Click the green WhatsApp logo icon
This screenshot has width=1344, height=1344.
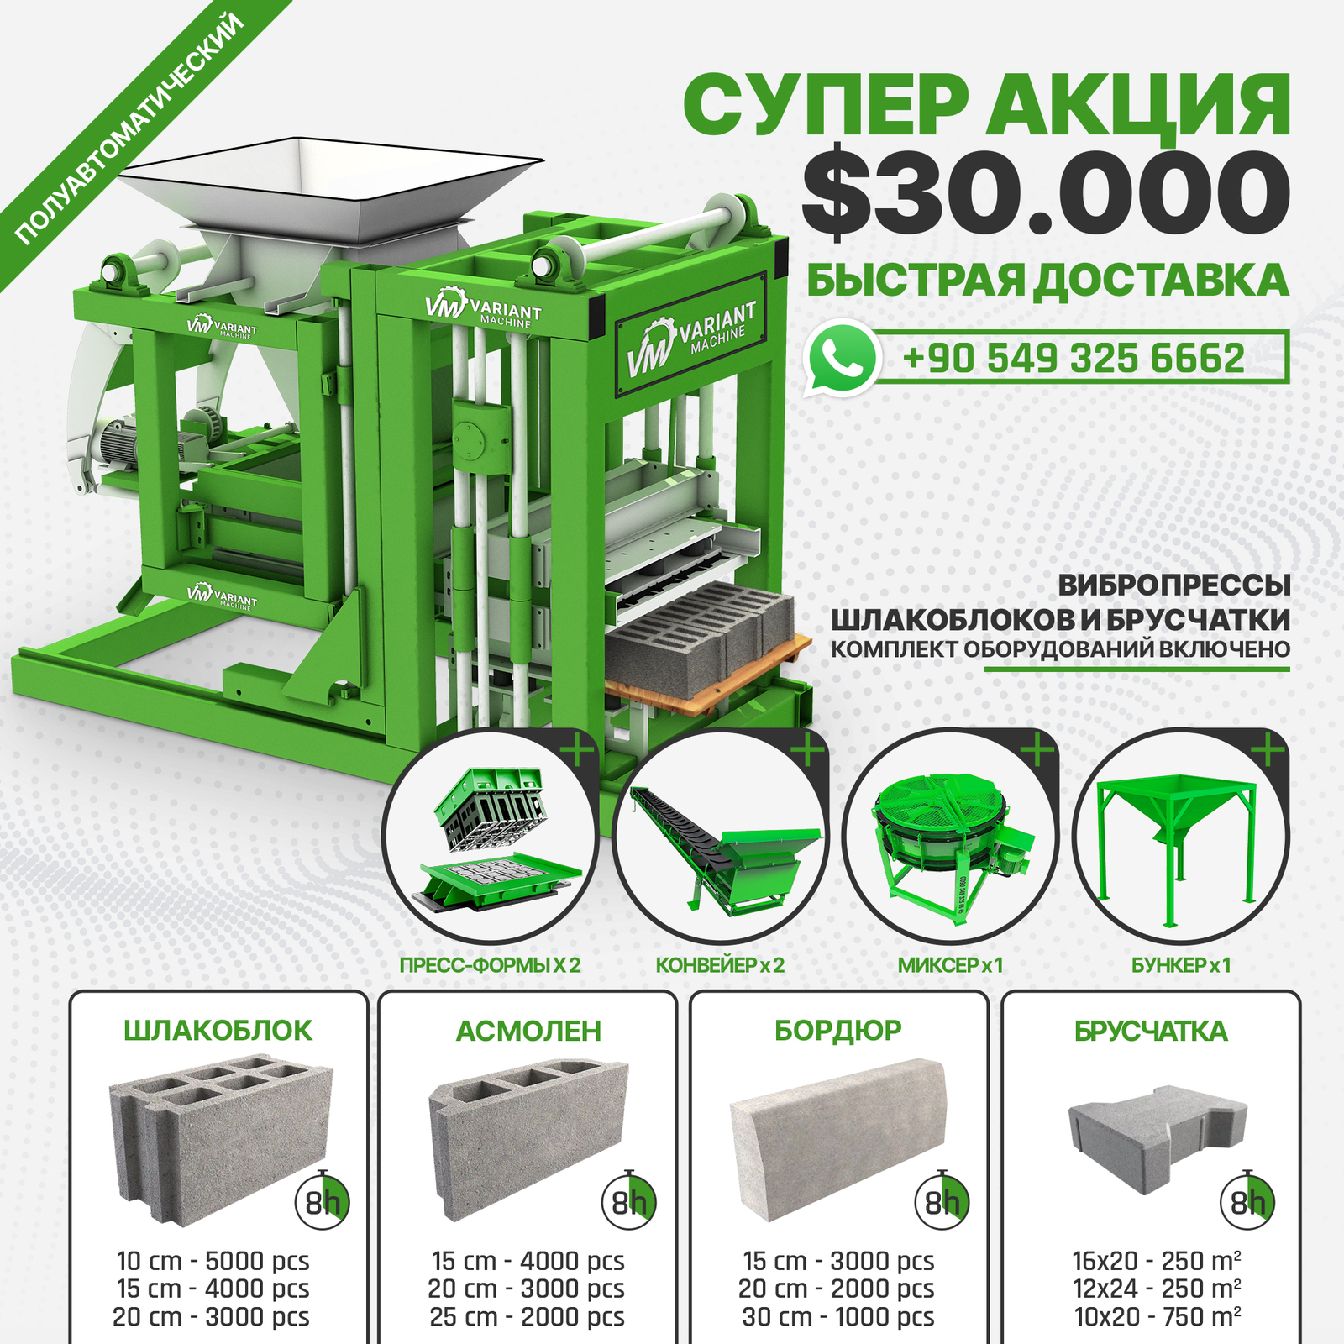842,358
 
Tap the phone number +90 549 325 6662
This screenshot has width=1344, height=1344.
1074,359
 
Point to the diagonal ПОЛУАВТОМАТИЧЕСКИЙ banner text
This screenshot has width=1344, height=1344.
130,129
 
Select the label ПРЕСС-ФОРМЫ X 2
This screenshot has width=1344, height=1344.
490,965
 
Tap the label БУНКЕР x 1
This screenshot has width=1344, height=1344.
1181,965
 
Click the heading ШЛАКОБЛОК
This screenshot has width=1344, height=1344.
218,1031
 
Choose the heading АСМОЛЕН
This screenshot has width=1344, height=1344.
528,1031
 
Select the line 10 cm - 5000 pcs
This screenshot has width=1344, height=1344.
213,1261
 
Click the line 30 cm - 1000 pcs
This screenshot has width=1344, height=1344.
838,1316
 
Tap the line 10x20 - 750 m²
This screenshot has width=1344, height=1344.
1158,1316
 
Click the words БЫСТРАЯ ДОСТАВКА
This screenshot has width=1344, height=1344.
1047,281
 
